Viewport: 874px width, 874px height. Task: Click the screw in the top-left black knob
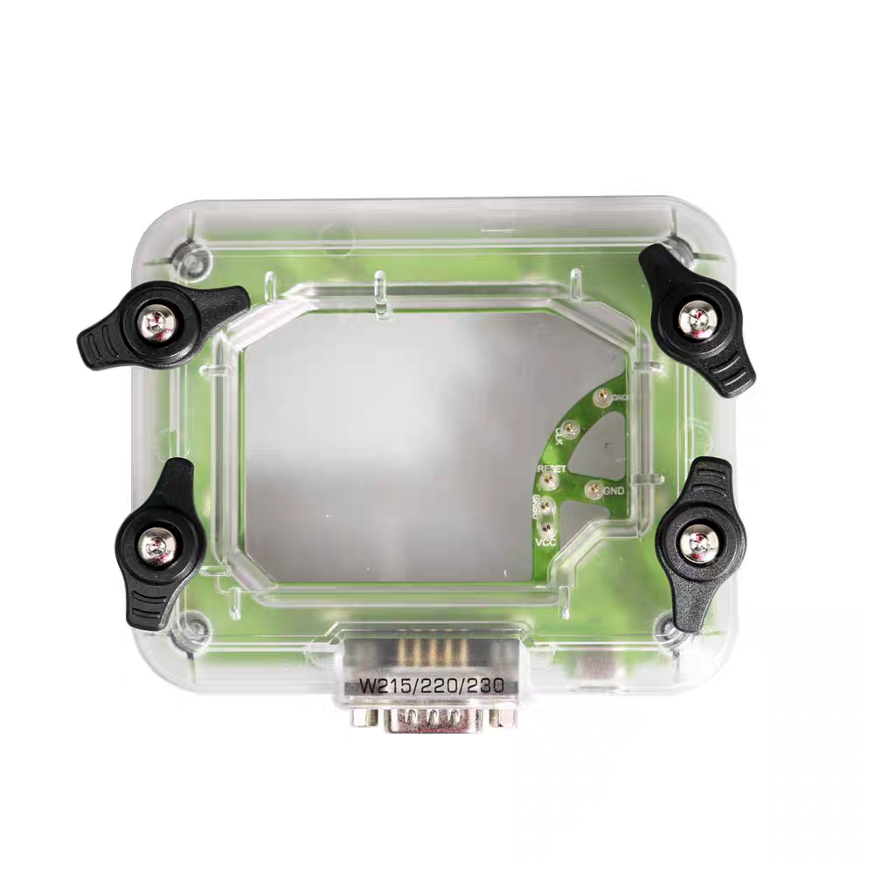158,324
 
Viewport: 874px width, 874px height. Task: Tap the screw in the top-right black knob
698,321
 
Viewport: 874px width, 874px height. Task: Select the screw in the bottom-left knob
161,547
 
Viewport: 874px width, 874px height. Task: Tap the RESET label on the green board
552,469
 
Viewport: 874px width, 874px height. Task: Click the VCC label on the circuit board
545,542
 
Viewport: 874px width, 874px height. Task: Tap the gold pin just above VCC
545,526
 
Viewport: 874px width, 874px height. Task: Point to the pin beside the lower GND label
593,489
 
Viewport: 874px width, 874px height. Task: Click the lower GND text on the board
614,490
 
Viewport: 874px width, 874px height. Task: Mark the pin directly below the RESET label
545,506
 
